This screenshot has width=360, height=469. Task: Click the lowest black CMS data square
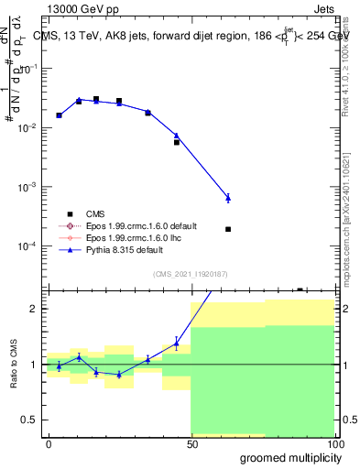(x=228, y=229)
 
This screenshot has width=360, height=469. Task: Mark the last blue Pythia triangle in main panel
(x=228, y=198)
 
